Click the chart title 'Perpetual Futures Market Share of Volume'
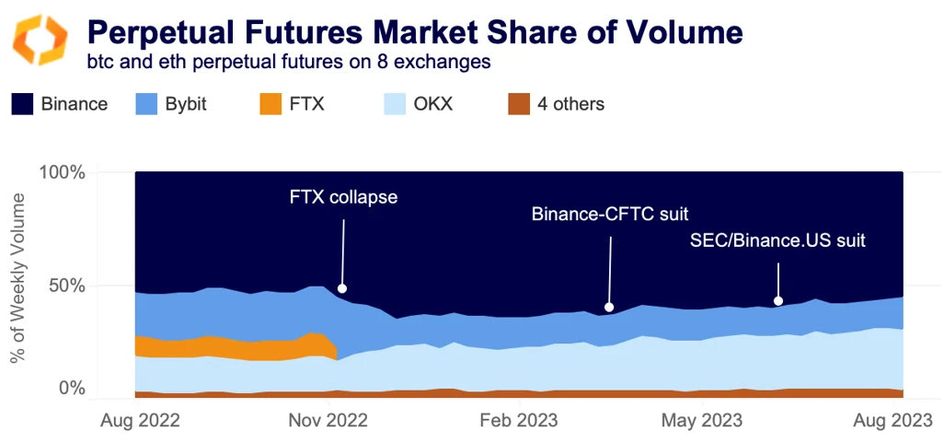[414, 32]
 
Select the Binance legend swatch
[22, 104]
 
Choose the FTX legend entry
[292, 104]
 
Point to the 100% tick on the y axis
[63, 173]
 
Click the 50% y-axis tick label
[67, 286]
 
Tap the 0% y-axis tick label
[72, 389]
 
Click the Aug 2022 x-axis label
[139, 421]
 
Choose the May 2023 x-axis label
[703, 421]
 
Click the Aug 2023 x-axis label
[895, 421]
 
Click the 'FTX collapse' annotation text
[343, 197]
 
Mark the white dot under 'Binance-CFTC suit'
[608, 307]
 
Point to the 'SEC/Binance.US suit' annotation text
[778, 241]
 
